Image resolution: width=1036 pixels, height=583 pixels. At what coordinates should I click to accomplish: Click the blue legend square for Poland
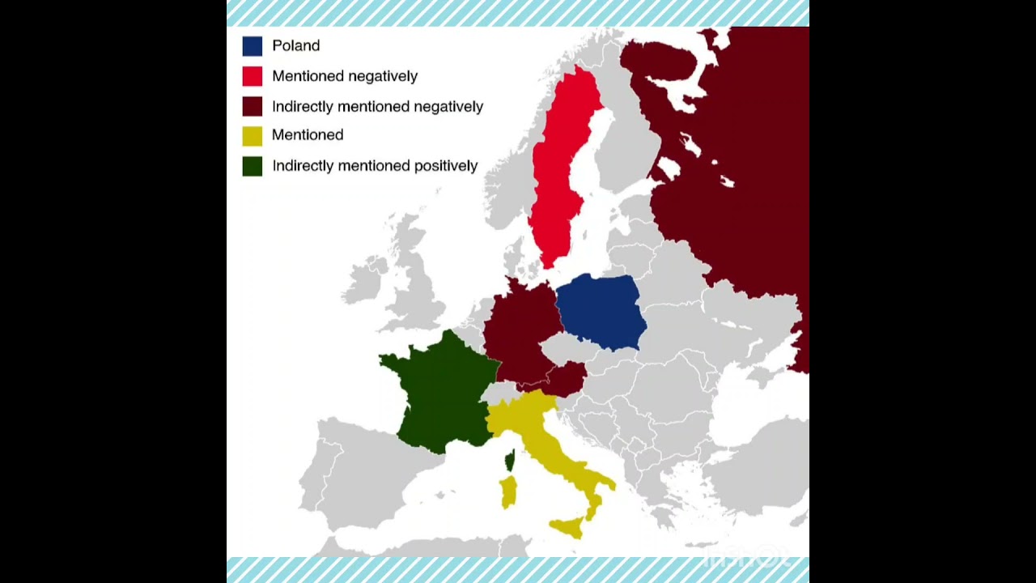pyautogui.click(x=252, y=46)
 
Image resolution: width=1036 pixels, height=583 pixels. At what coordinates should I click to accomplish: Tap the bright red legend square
pyautogui.click(x=252, y=76)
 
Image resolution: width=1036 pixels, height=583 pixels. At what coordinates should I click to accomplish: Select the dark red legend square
pyautogui.click(x=252, y=106)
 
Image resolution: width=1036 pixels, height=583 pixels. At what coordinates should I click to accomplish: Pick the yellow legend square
pyautogui.click(x=252, y=135)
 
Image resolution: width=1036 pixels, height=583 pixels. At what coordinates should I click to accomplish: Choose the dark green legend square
pyautogui.click(x=252, y=166)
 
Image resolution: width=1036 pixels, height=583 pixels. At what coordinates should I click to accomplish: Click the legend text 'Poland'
pyautogui.click(x=295, y=46)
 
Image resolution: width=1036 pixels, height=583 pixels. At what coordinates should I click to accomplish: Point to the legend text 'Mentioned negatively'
pyautogui.click(x=345, y=76)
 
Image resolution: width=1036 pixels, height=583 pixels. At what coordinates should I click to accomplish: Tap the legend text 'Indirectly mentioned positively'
pyautogui.click(x=375, y=166)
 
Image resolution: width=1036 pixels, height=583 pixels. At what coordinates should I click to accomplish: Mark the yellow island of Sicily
pyautogui.click(x=569, y=527)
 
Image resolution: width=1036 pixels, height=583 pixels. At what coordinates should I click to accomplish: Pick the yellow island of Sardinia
pyautogui.click(x=508, y=491)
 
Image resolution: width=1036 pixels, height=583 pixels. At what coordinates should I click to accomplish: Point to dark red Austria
pyautogui.click(x=567, y=376)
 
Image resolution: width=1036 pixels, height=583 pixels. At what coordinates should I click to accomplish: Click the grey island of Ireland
pyautogui.click(x=364, y=279)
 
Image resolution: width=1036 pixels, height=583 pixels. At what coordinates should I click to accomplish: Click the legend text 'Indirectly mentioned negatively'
pyautogui.click(x=377, y=106)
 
